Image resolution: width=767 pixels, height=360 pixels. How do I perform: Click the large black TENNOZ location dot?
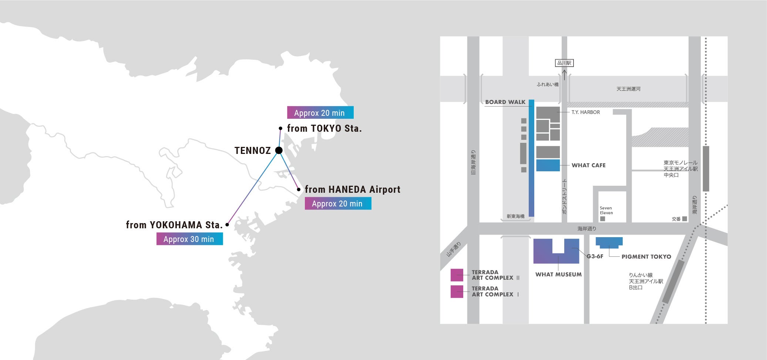[x=279, y=150]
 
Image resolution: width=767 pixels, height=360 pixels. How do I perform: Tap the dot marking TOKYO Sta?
[x=280, y=128]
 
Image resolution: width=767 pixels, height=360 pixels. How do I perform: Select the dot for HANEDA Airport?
[x=299, y=189]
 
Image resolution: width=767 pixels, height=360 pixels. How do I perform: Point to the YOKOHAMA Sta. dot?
[x=227, y=225]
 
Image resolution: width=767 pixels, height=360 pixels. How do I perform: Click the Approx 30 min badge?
[x=189, y=239]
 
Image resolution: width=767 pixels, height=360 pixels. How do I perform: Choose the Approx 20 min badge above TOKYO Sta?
[x=320, y=112]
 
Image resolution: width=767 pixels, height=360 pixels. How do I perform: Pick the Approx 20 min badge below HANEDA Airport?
[x=338, y=203]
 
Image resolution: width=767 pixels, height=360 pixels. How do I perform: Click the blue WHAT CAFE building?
[x=548, y=165]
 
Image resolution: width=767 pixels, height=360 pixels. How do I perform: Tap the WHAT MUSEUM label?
[x=558, y=275]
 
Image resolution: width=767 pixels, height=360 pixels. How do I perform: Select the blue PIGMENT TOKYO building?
[x=609, y=242]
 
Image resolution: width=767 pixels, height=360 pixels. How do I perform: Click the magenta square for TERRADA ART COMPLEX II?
[x=457, y=275]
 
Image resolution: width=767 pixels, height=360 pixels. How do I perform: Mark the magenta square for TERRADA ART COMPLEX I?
[x=457, y=292]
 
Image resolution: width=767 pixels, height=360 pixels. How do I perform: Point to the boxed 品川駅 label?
[x=564, y=63]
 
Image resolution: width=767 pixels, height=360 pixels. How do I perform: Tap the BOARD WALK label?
[x=505, y=102]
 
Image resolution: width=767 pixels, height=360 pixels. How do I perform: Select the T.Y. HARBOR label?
[x=586, y=112]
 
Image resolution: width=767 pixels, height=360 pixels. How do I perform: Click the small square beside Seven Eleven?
[x=602, y=219]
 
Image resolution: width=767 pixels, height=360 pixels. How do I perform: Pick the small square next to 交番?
[x=684, y=219]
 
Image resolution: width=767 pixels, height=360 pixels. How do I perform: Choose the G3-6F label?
[x=595, y=256]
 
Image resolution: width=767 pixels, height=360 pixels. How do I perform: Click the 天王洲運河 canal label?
[x=628, y=89]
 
